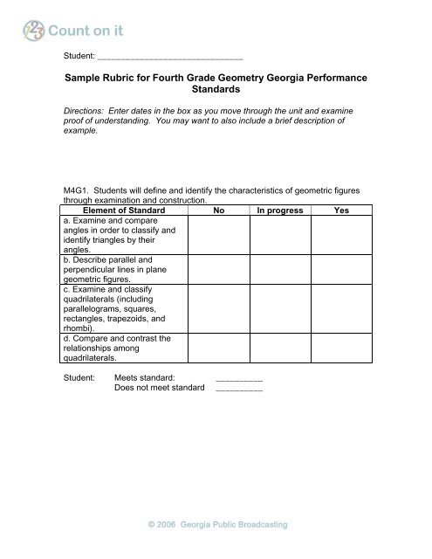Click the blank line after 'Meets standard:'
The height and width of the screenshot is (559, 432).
[239, 377]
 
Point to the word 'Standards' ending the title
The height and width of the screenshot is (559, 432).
[216, 95]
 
